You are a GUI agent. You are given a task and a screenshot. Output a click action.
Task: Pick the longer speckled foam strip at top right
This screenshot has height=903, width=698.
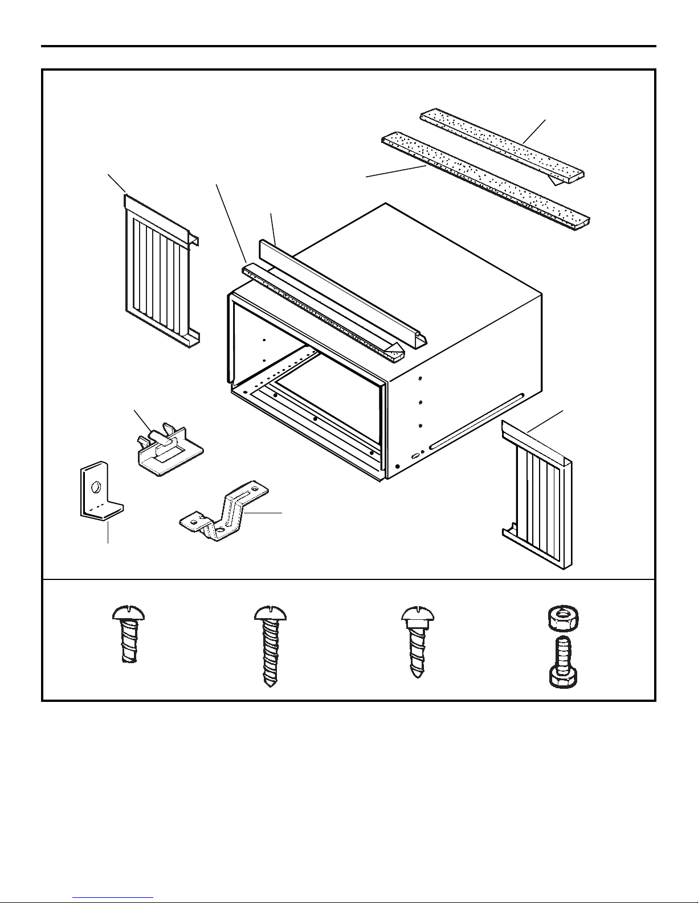coord(484,179)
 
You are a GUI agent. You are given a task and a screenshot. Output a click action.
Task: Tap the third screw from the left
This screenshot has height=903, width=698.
coord(417,641)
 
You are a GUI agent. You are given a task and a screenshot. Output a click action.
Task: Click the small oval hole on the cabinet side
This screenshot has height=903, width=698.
coord(415,456)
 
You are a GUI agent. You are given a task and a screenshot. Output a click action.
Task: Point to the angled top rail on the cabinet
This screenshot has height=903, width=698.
coord(342,291)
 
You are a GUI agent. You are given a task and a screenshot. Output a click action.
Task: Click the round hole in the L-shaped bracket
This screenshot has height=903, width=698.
coord(96,488)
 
